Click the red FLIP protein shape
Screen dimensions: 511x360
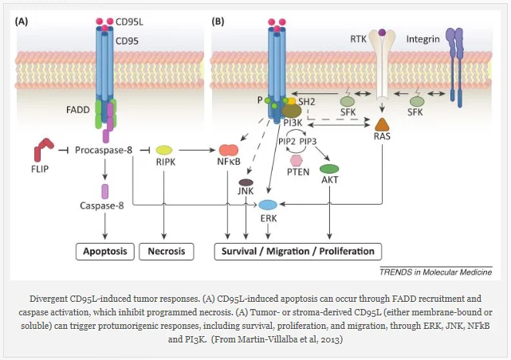click(x=43, y=149)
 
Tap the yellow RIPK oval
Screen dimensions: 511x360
click(x=164, y=150)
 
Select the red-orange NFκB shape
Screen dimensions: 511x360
click(x=229, y=150)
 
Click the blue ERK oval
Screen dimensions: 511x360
click(x=268, y=205)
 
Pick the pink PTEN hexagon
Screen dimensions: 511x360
click(x=297, y=160)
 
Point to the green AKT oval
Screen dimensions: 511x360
click(x=329, y=169)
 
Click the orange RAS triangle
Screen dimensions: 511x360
click(x=382, y=124)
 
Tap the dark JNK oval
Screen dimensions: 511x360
click(x=246, y=182)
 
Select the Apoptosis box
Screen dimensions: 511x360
click(x=105, y=252)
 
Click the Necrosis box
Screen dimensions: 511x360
click(x=167, y=252)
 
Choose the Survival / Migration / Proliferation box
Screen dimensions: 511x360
click(x=298, y=252)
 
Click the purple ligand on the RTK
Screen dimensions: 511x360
click(x=382, y=32)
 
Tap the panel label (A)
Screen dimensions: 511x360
click(x=22, y=22)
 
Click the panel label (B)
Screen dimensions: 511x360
click(x=218, y=22)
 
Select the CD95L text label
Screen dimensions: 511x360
click(x=129, y=22)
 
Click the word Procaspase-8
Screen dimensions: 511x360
click(x=104, y=150)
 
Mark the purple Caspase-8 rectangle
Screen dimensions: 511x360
click(x=105, y=191)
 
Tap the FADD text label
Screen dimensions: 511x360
click(x=78, y=110)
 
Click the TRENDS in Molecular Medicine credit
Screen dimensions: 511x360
click(x=436, y=272)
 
